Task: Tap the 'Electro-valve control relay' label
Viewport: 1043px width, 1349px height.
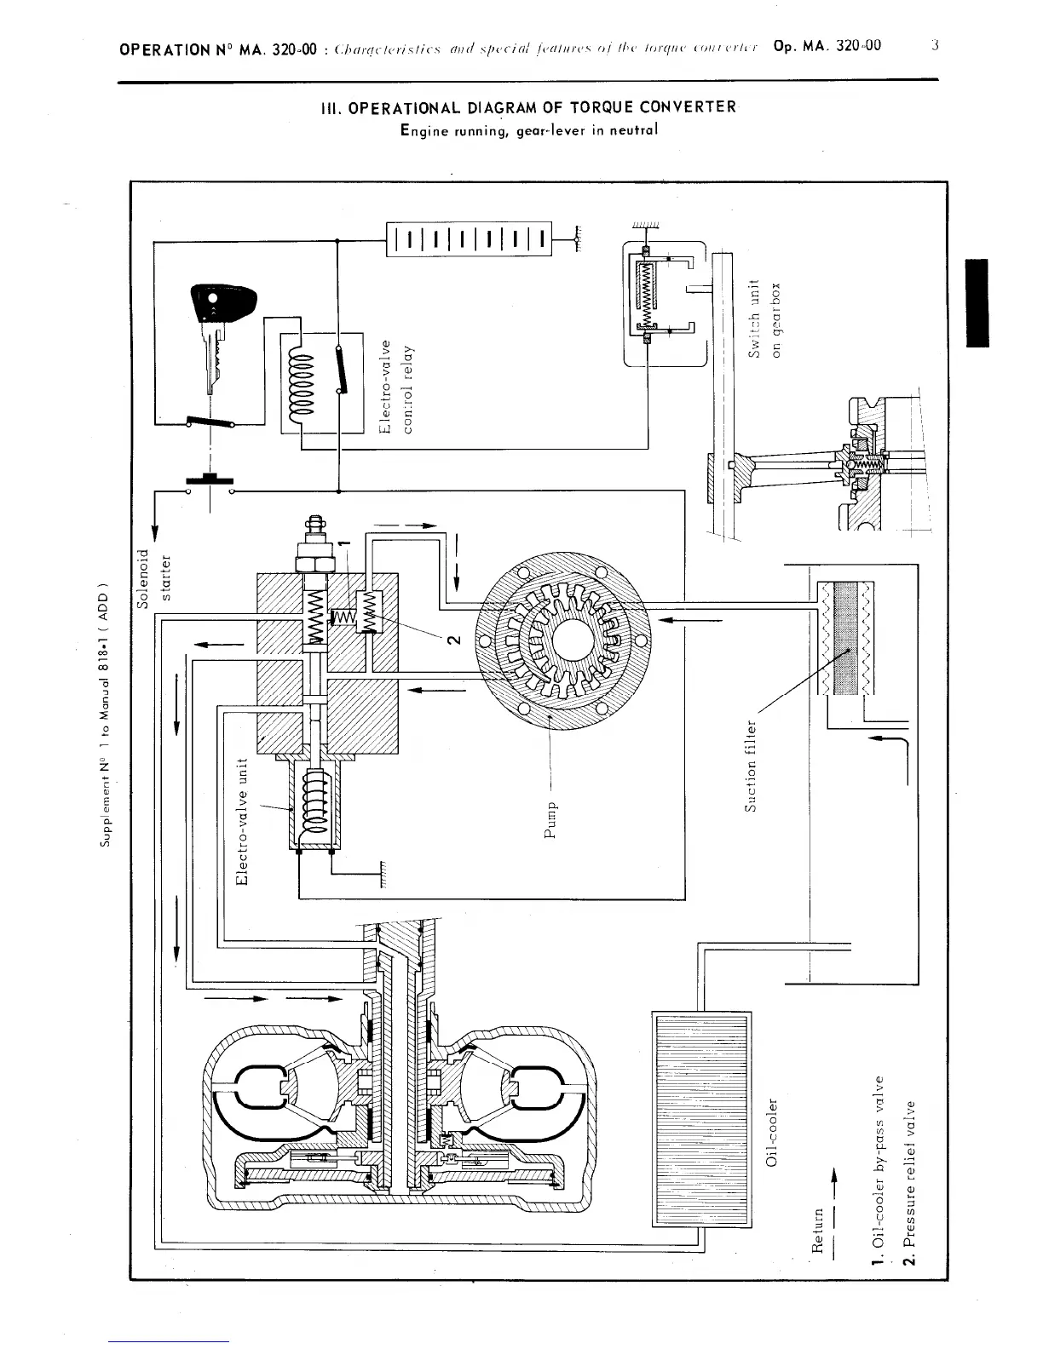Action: point(396,387)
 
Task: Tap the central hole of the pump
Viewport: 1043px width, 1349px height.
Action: point(563,640)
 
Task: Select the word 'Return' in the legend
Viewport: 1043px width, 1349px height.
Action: point(817,1231)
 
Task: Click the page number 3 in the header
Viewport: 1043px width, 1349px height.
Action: point(935,47)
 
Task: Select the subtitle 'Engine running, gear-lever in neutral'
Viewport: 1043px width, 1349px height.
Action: point(528,130)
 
